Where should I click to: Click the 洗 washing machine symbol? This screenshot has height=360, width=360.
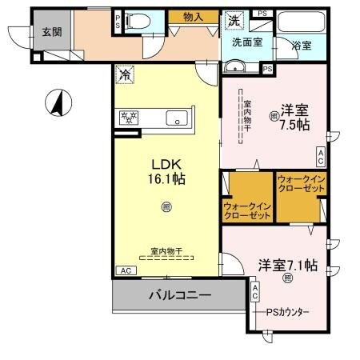coord(234,18)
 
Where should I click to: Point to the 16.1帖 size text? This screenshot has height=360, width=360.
coord(166,180)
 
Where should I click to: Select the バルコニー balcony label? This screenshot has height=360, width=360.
coord(179,295)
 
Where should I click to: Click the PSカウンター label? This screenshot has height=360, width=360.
coord(288,311)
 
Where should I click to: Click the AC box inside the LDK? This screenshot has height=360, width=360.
coord(126,270)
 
